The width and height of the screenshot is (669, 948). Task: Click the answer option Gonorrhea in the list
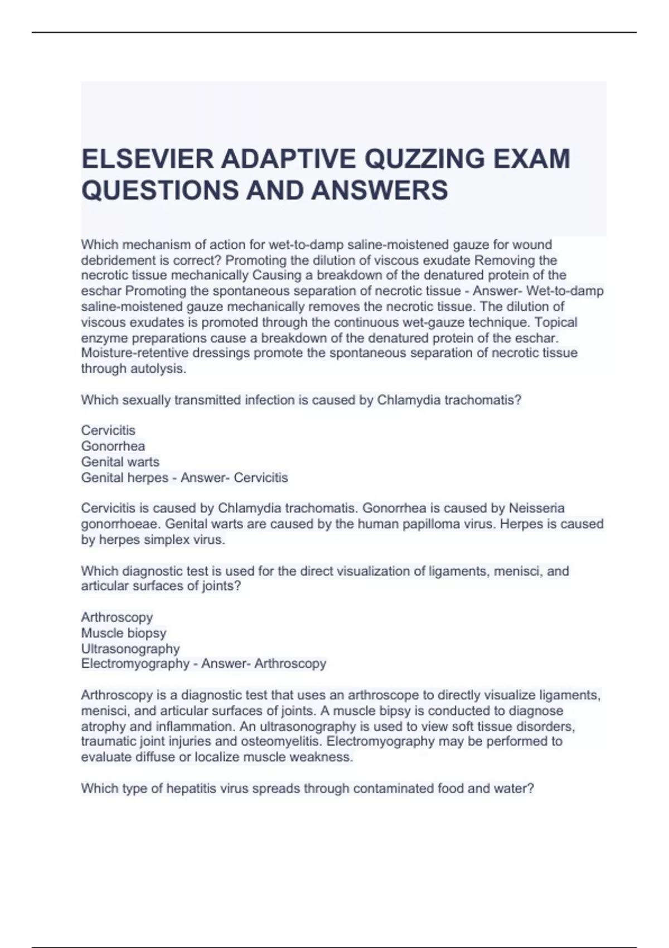(113, 446)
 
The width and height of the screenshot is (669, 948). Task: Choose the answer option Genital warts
(120, 462)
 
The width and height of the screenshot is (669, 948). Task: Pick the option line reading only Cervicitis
(108, 431)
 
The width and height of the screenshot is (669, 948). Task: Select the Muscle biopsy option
(123, 633)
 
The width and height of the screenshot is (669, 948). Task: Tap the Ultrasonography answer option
(130, 649)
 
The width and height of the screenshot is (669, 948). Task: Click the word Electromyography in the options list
(135, 664)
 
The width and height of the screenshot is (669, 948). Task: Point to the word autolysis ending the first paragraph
(158, 369)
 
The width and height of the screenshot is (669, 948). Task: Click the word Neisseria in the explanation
(536, 508)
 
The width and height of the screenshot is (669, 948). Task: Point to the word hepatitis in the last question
(190, 789)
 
